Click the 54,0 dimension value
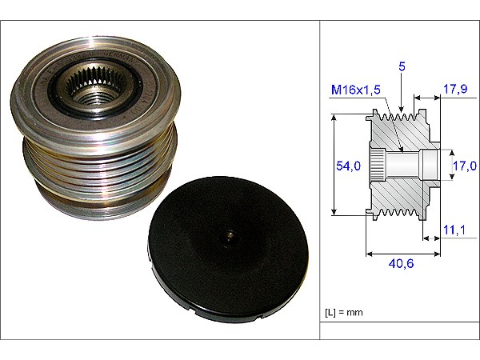click(x=348, y=166)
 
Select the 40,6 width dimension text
click(x=402, y=263)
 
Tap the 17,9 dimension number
click(x=455, y=89)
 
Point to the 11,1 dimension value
click(x=454, y=230)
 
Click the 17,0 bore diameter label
click(x=465, y=166)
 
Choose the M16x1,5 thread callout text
click(x=356, y=90)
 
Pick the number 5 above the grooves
click(x=402, y=66)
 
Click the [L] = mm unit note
click(x=343, y=313)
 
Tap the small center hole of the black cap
click(x=229, y=235)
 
